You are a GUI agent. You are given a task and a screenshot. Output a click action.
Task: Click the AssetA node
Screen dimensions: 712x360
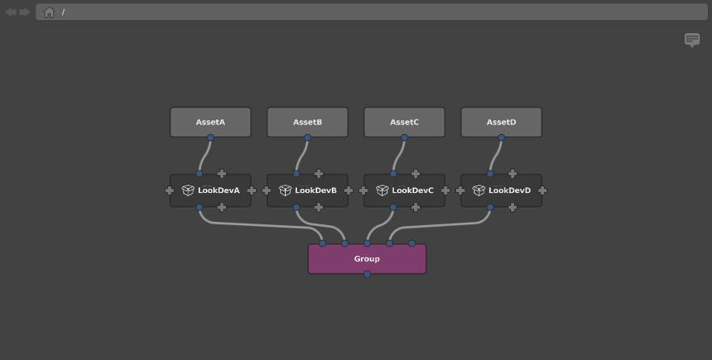[210, 122]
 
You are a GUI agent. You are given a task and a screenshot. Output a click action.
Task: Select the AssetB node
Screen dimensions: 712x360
[308, 122]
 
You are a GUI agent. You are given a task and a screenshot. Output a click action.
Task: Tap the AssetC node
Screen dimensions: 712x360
[404, 122]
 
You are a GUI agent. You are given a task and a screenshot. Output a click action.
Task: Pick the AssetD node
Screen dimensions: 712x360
[501, 122]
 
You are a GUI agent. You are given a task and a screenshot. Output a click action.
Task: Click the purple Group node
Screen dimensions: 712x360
[366, 259]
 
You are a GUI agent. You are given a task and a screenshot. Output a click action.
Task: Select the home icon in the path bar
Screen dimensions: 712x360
[49, 12]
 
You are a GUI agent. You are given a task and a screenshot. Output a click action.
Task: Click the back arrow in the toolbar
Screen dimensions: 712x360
[10, 12]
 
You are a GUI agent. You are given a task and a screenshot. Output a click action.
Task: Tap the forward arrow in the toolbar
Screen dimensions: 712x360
[24, 12]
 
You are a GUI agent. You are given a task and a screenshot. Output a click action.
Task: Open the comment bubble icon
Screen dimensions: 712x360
[692, 40]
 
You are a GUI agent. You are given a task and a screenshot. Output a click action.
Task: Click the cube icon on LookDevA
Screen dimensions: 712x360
[188, 190]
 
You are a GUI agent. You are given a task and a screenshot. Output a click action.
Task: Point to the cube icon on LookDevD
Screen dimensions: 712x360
[479, 190]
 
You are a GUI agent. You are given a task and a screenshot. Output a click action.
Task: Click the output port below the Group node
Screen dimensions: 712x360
[366, 274]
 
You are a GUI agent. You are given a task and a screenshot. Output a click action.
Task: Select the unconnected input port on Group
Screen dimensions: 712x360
[412, 243]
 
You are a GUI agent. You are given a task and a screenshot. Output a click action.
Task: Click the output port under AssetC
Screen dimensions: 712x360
[404, 137]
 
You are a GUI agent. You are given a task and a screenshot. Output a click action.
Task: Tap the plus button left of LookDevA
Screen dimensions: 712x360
[170, 190]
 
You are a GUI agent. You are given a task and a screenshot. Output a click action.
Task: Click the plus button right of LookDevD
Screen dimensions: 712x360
[542, 190]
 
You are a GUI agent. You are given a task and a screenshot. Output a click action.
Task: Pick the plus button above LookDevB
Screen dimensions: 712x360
[319, 174]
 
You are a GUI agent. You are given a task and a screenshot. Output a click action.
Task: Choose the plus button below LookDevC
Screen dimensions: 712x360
[416, 207]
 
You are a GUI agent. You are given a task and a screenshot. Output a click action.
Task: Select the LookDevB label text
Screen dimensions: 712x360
[316, 190]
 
